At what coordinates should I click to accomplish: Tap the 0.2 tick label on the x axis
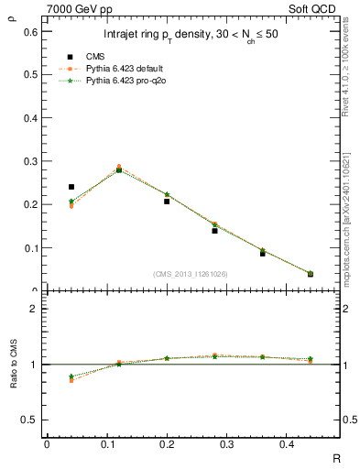pos(167,444)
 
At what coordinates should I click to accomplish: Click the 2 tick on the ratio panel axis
pos(34,309)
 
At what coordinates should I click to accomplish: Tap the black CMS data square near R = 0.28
pos(214,231)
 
